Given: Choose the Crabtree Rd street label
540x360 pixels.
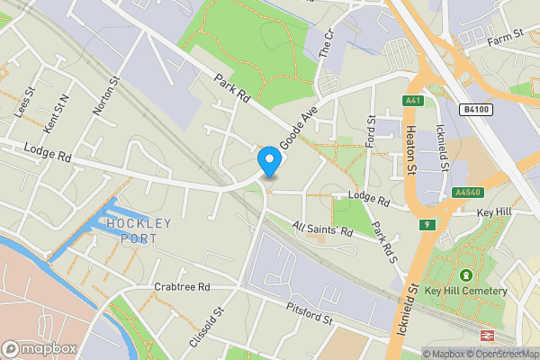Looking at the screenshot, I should (181, 287).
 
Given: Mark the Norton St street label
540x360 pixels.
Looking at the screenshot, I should (105, 96).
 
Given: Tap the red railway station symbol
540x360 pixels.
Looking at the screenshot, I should (486, 335).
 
